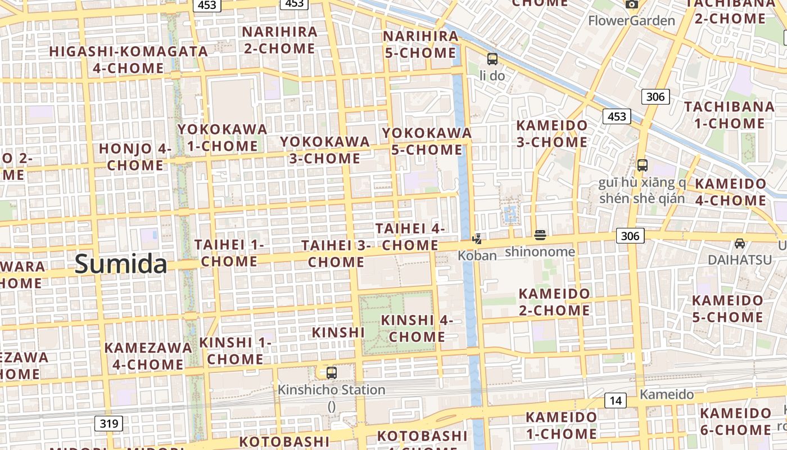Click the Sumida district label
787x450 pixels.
[121, 264]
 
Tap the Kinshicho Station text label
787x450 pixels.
[332, 390]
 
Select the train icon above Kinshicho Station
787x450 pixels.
[332, 372]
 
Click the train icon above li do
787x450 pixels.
[492, 58]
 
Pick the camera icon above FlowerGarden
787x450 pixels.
[632, 4]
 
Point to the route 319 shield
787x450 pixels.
[108, 423]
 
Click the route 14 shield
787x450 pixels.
[616, 400]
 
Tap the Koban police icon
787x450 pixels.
[477, 239]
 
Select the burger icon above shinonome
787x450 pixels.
[540, 235]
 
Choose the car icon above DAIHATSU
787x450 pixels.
[740, 244]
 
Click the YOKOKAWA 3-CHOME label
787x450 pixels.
[325, 150]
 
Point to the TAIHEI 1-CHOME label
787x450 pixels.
[229, 253]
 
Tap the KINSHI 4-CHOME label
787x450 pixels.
[417, 328]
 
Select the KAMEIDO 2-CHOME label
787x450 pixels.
[554, 301]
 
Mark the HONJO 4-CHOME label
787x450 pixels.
[135, 157]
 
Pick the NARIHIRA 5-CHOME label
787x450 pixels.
[420, 44]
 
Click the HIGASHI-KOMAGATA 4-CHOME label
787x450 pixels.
[129, 60]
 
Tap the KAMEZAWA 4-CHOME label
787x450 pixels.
[148, 355]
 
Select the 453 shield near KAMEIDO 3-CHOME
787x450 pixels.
[617, 116]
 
